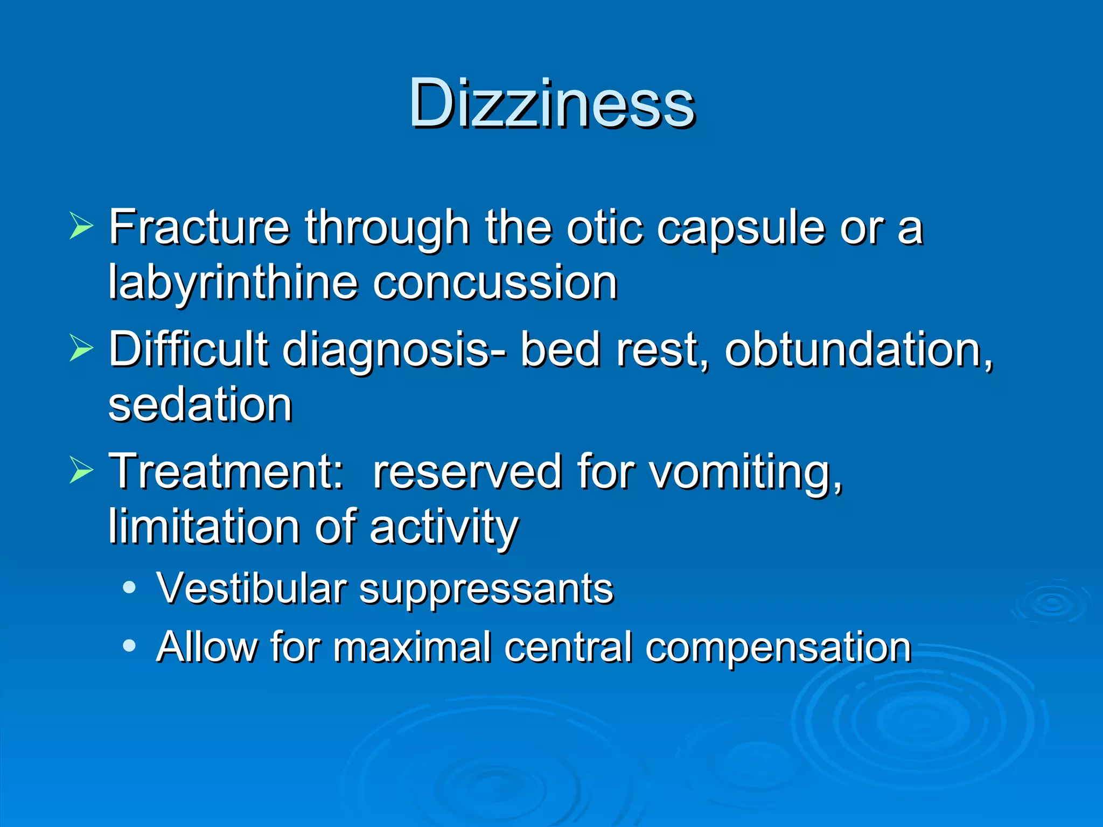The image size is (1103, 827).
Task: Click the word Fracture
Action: coord(199,227)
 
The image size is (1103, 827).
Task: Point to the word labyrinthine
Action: coord(233,283)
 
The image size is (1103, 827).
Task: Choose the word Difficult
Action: coord(189,350)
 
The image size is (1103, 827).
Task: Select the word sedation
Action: coord(200,405)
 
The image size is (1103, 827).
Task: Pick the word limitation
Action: coord(205,527)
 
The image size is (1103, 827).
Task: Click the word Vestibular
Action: coord(252,588)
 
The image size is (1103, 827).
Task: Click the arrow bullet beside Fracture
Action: coord(81,226)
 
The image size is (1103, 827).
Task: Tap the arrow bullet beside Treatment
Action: coord(81,470)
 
